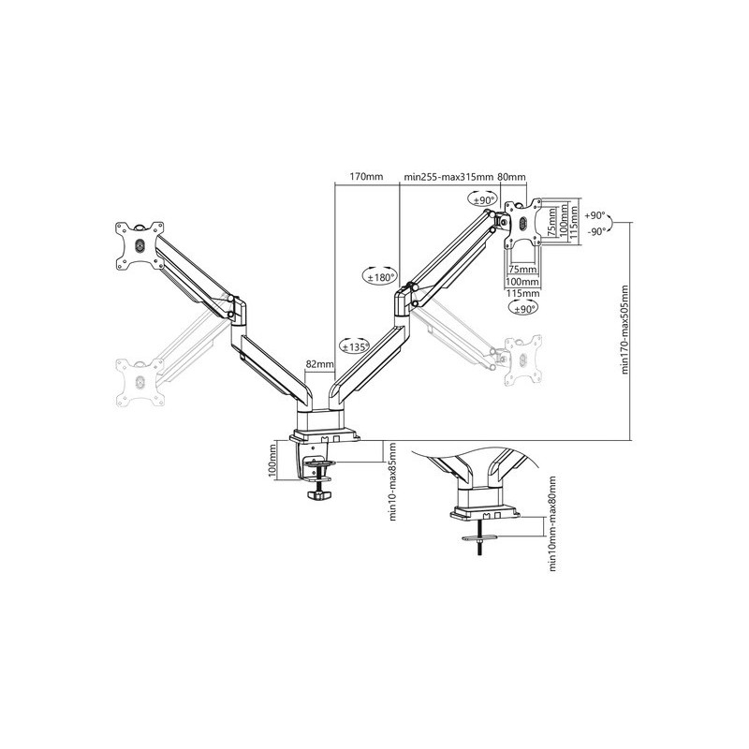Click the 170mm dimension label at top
[366, 177]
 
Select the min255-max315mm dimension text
[448, 177]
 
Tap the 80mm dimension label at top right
[511, 177]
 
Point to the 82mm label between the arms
[319, 364]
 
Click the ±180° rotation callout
[379, 276]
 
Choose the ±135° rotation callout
[354, 346]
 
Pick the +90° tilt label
[595, 215]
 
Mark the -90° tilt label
[595, 231]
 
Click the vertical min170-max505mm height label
[625, 330]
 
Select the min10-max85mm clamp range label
[393, 481]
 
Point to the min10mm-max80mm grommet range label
[553, 523]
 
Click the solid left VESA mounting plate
[140, 246]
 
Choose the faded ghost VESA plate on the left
[140, 383]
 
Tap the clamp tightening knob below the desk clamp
[318, 495]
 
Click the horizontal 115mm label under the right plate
[522, 293]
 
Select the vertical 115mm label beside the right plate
[574, 222]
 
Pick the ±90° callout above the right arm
[482, 199]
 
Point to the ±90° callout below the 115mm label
[522, 309]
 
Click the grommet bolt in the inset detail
[479, 538]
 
